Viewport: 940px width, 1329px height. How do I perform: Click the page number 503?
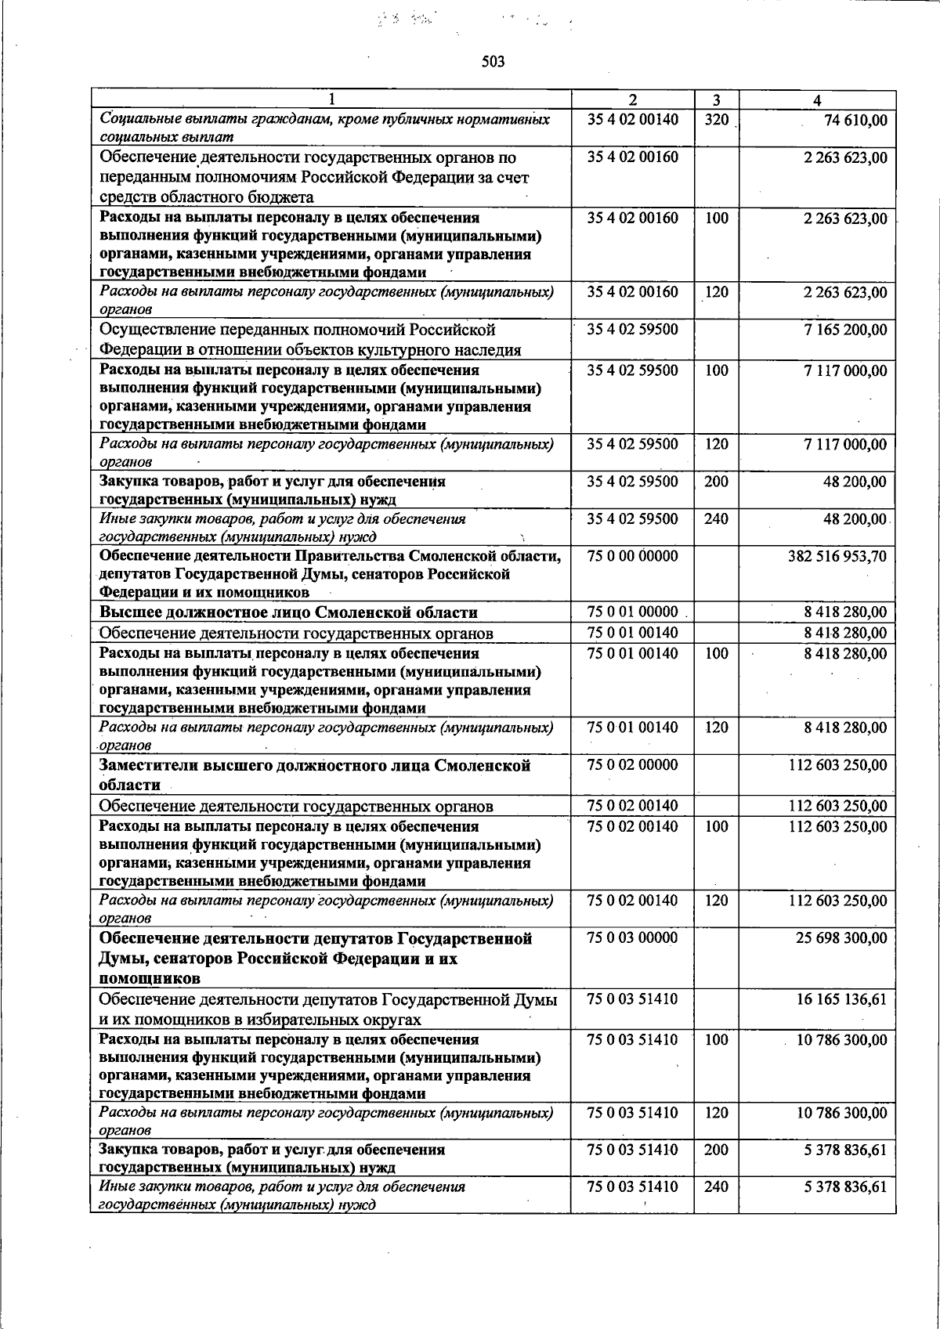coord(493,62)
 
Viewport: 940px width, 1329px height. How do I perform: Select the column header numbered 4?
coord(817,100)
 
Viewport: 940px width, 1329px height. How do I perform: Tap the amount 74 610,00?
coord(855,120)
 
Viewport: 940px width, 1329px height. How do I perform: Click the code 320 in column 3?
coord(716,120)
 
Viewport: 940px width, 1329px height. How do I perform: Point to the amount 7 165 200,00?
coord(845,330)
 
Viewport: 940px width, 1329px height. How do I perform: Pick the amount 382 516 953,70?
coord(837,556)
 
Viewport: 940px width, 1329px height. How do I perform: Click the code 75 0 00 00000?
coord(632,556)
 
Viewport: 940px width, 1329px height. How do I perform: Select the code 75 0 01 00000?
coord(632,612)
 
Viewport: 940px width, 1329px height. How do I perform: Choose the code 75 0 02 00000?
coord(632,765)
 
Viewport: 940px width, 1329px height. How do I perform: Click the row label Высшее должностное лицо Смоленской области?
coord(288,612)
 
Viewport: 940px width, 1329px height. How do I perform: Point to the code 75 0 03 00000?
coord(632,938)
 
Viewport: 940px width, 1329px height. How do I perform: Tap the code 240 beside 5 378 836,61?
coord(716,1187)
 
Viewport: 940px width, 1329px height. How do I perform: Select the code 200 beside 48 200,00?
coord(716,482)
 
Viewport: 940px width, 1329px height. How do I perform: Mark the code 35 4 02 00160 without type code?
coord(632,157)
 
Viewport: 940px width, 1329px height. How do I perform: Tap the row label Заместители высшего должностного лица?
coord(313,766)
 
